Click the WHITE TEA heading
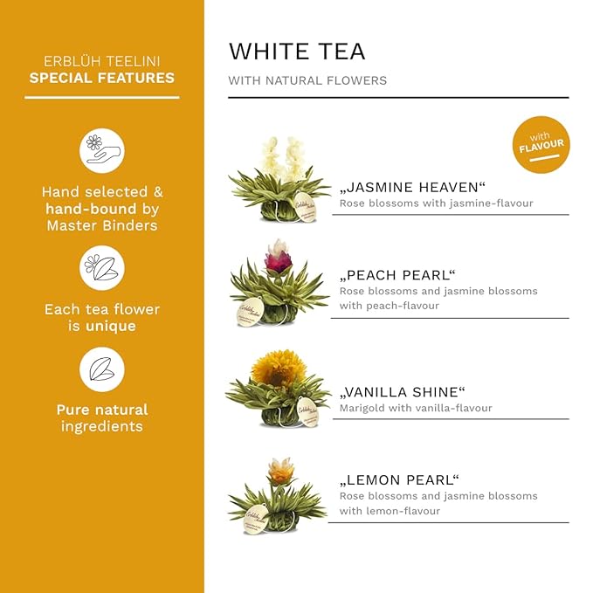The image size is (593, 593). click(296, 51)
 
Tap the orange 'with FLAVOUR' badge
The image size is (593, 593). click(541, 144)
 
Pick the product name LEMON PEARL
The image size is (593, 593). click(399, 479)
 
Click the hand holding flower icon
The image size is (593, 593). click(102, 149)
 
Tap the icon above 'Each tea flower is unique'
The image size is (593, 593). click(102, 266)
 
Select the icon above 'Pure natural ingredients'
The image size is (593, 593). click(102, 369)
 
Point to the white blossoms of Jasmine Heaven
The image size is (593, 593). click(282, 157)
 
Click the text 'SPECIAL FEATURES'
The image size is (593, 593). click(102, 78)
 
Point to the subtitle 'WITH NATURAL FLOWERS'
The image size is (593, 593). click(307, 80)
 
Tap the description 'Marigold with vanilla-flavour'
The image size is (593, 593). click(416, 408)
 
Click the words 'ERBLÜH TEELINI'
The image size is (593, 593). click(102, 61)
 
